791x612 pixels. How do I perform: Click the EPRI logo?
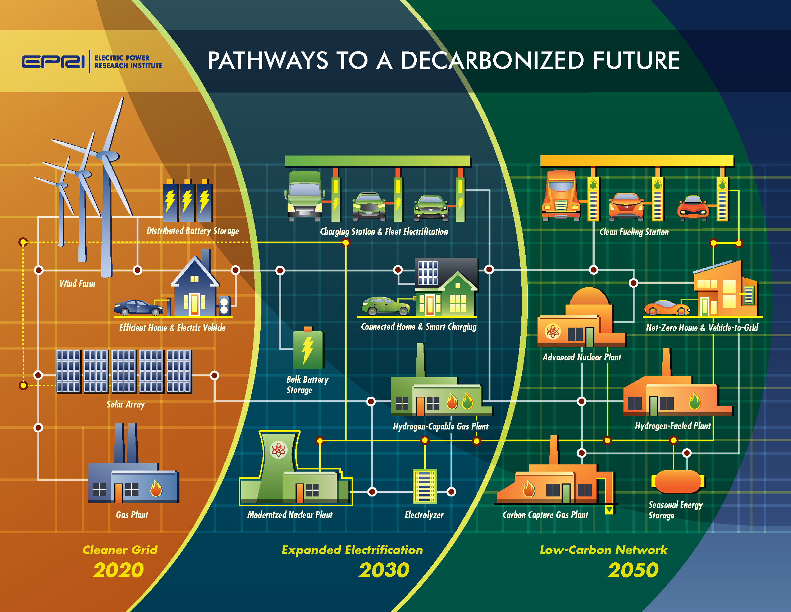pyautogui.click(x=53, y=62)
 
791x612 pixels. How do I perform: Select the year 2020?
pyautogui.click(x=119, y=570)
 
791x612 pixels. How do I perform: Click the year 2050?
pyautogui.click(x=633, y=570)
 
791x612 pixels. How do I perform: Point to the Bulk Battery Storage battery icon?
pyautogui.click(x=308, y=348)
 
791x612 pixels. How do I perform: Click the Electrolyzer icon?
pyautogui.click(x=425, y=486)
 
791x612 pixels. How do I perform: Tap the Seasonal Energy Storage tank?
pyautogui.click(x=678, y=481)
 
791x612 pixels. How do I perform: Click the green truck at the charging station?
pyautogui.click(x=305, y=196)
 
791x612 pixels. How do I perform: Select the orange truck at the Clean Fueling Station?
pyautogui.click(x=561, y=196)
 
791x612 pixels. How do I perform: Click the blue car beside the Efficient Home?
pyautogui.click(x=138, y=307)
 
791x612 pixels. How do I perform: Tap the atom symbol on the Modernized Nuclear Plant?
pyautogui.click(x=279, y=450)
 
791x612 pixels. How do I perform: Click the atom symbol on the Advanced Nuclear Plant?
pyautogui.click(x=553, y=331)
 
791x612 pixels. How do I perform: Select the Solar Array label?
pyautogui.click(x=125, y=404)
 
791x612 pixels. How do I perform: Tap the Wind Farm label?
pyautogui.click(x=77, y=284)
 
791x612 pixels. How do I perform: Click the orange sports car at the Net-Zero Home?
pyautogui.click(x=667, y=308)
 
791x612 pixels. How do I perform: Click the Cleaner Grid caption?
pyautogui.click(x=120, y=550)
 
